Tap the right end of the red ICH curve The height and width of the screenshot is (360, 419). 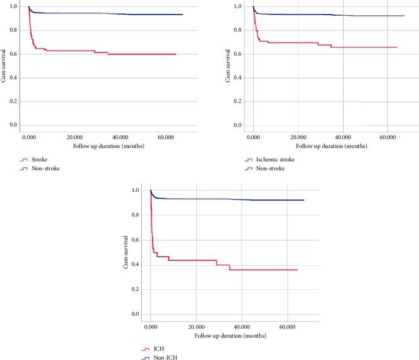(297, 270)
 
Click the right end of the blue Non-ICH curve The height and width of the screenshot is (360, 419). (304, 200)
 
